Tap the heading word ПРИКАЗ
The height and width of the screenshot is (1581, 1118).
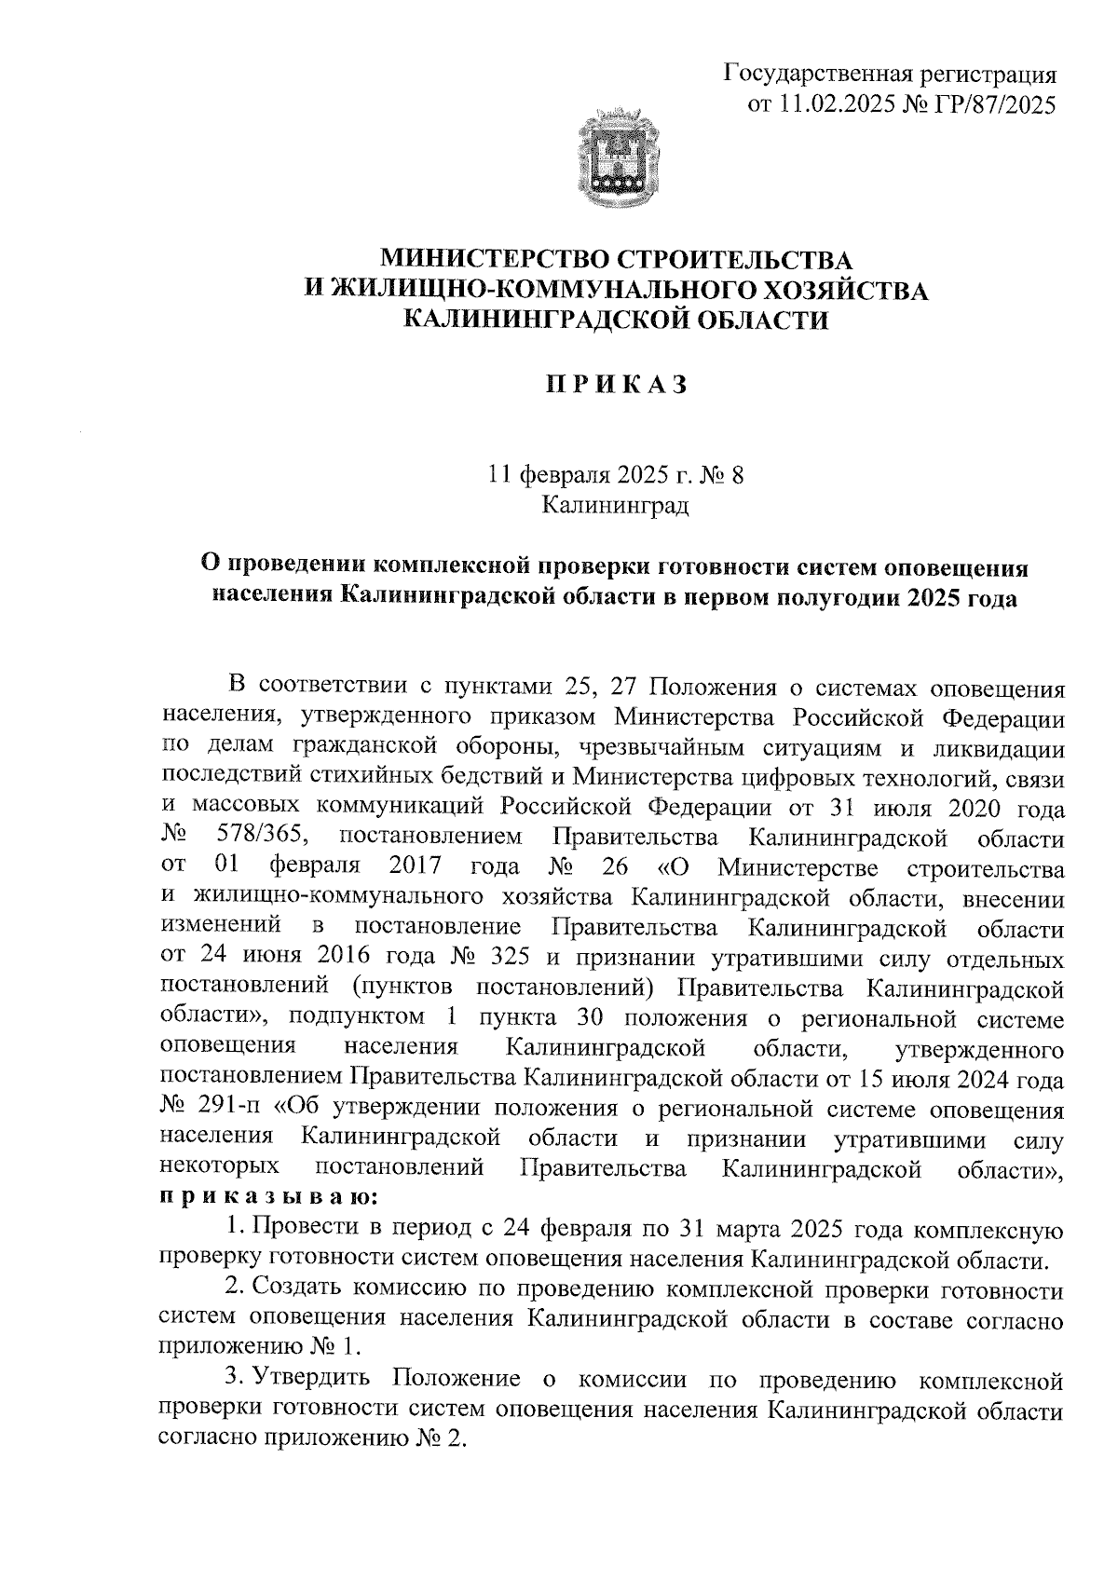point(616,384)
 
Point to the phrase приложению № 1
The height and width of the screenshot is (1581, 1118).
point(260,1347)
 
